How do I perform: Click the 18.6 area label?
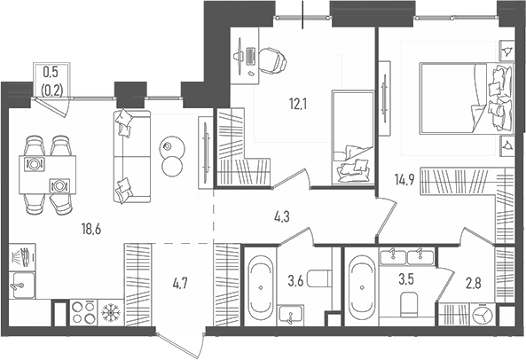[x=91, y=230]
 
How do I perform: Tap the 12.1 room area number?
[x=298, y=105]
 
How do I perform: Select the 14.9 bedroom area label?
[x=404, y=180]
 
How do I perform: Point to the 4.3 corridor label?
[x=282, y=217]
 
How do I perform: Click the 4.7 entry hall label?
[x=180, y=285]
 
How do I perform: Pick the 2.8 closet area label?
[x=474, y=283]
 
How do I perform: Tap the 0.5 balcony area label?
[x=51, y=72]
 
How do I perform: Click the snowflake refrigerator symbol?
[x=111, y=312]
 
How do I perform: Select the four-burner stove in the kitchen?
[x=83, y=312]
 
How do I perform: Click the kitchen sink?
[x=22, y=286]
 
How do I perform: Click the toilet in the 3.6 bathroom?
[x=319, y=278]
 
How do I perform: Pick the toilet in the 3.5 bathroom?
[x=409, y=303]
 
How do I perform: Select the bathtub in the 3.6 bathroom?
[x=260, y=287]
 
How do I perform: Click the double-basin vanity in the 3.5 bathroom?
[x=407, y=256]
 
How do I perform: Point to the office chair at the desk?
[x=272, y=61]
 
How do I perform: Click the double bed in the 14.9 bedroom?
[x=467, y=98]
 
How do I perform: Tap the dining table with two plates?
[x=47, y=175]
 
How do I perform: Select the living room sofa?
[x=132, y=156]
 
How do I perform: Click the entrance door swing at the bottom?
[x=181, y=345]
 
